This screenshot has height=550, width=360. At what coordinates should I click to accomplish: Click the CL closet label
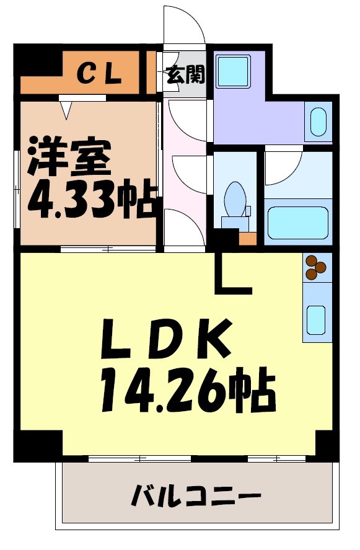[x=99, y=74]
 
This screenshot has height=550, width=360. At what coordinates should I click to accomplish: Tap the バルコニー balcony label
[x=196, y=496]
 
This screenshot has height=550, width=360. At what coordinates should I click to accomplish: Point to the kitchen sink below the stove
[x=317, y=319]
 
